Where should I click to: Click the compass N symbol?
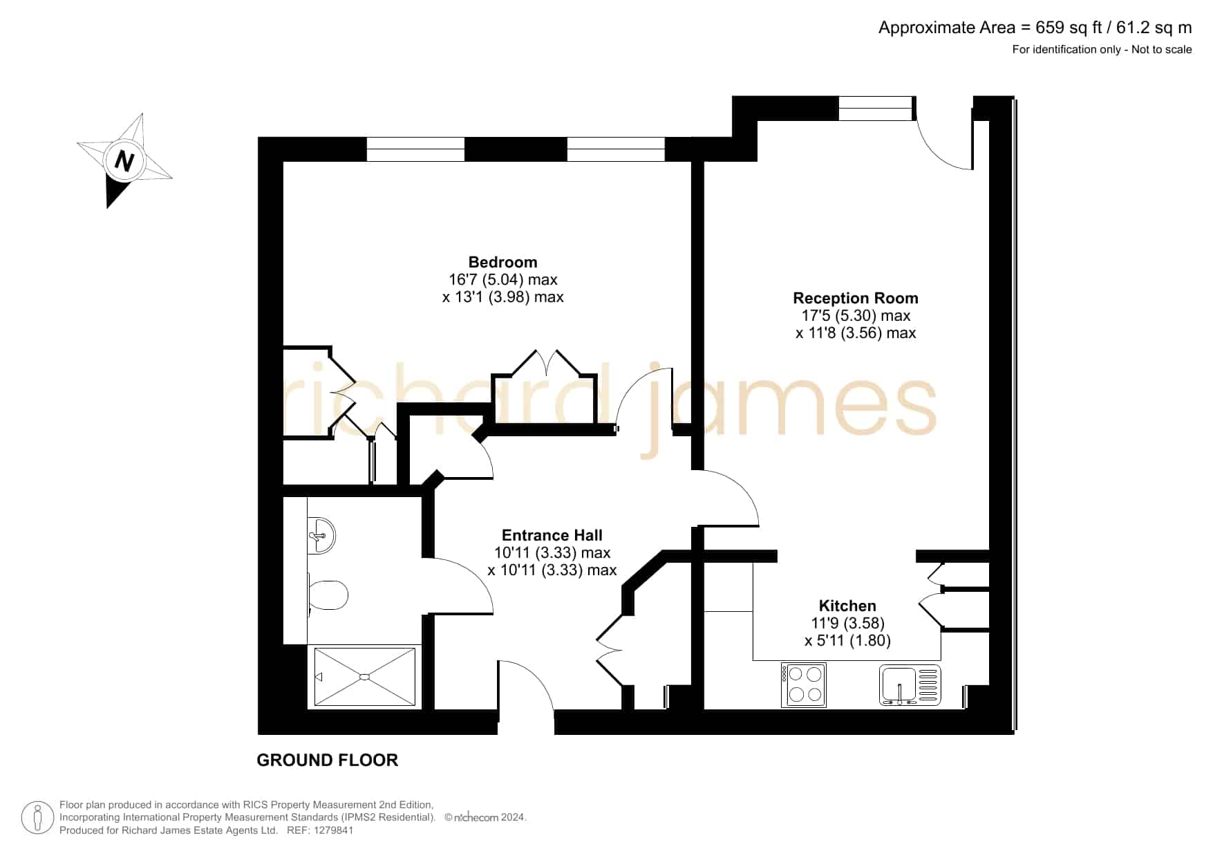[124, 161]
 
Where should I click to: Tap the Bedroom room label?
[502, 262]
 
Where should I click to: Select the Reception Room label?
[856, 298]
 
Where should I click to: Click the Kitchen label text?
[847, 606]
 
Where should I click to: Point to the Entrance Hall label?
[552, 535]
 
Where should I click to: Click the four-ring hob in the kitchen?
[803, 684]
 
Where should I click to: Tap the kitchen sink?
[910, 685]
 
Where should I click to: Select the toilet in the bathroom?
[328, 595]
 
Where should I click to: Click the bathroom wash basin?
[321, 535]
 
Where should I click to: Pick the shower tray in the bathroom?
[365, 677]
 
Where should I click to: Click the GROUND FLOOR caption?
[328, 760]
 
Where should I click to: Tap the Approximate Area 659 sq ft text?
[1035, 28]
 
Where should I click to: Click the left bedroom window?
[415, 149]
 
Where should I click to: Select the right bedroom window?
[616, 149]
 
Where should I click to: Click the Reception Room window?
[876, 109]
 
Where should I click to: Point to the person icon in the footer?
[37, 818]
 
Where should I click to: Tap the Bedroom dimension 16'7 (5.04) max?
[502, 279]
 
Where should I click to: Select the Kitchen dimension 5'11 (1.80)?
[847, 640]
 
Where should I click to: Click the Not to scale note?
[1162, 49]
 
